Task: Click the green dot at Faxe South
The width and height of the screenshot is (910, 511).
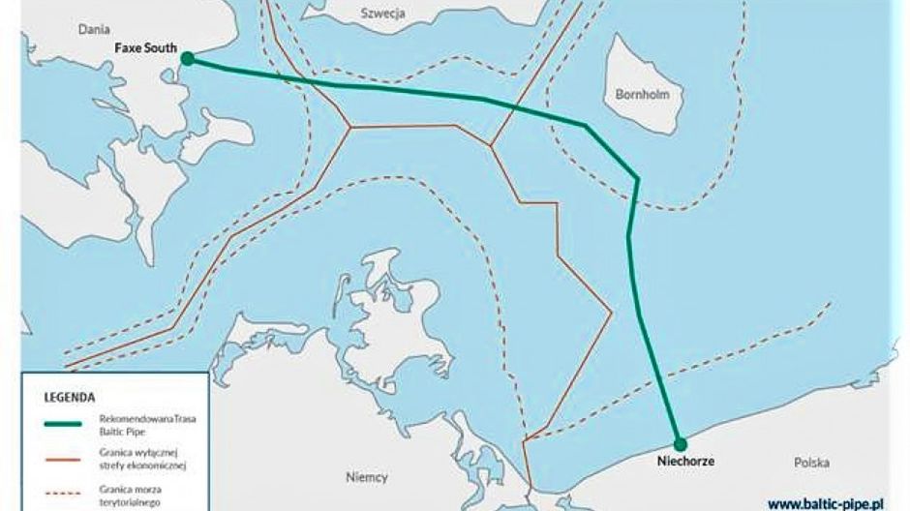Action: pyautogui.click(x=187, y=58)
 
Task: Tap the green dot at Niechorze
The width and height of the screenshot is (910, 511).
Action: pyautogui.click(x=680, y=444)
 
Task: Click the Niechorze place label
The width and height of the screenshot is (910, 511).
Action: pyautogui.click(x=685, y=462)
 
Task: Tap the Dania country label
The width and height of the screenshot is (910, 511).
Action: pyautogui.click(x=94, y=30)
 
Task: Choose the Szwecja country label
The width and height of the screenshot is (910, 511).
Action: pyautogui.click(x=383, y=15)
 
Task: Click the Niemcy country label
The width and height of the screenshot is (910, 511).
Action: pyautogui.click(x=366, y=477)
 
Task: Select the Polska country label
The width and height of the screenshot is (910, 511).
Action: pyautogui.click(x=811, y=463)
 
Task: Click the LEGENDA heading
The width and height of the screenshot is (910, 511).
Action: pyautogui.click(x=70, y=397)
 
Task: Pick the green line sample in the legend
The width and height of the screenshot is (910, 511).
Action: pyautogui.click(x=63, y=424)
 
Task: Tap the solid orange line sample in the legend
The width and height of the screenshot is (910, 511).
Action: pyautogui.click(x=63, y=459)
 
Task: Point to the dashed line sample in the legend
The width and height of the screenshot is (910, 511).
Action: pyautogui.click(x=63, y=494)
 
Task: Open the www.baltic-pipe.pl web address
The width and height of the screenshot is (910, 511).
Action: pyautogui.click(x=829, y=503)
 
